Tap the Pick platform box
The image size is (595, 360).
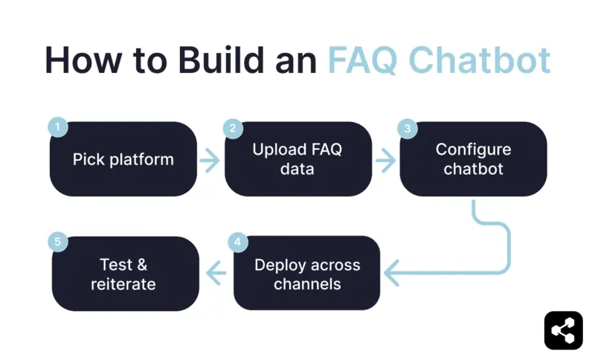coord(123,159)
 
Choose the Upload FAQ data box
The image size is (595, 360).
coord(297,159)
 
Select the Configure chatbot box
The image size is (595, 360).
coord(473,159)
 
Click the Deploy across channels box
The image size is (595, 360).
coord(306,274)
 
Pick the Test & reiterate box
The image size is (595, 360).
coord(125,274)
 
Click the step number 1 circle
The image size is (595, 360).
coord(57,128)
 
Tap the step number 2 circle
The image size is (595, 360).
coord(233,128)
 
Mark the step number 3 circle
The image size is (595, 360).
coord(408,128)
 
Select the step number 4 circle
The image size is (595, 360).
coord(237,242)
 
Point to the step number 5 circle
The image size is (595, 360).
coord(57,242)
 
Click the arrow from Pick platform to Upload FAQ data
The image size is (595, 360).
coord(210,160)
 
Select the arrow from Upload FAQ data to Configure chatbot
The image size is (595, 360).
coord(385,160)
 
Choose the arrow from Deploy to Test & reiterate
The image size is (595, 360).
coord(216,274)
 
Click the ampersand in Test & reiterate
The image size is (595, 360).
coord(143,265)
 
